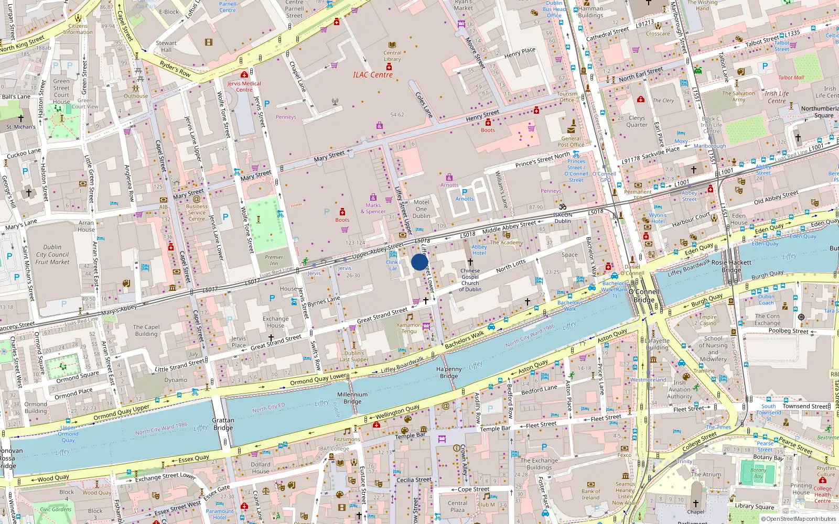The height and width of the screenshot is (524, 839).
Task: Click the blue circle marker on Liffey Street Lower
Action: coord(419,262)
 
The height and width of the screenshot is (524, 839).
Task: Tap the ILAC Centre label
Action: coord(372,75)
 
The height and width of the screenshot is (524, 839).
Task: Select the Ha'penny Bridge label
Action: coord(449,373)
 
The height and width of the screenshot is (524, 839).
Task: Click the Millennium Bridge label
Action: coord(352,398)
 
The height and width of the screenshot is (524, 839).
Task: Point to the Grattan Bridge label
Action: coord(223,424)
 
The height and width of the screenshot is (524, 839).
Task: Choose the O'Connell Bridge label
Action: coord(644,296)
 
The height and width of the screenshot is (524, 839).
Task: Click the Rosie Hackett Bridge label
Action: coord(731,266)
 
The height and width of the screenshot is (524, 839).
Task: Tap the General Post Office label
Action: coord(571,141)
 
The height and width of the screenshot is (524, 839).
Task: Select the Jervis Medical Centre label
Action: coord(244,86)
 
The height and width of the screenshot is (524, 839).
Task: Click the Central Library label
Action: coord(392,56)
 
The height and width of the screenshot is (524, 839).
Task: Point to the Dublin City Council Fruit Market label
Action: coord(52,255)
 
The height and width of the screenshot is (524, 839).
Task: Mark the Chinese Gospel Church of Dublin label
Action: coord(470,280)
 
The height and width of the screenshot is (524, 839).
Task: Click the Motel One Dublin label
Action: coord(421,209)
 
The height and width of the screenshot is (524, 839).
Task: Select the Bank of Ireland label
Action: coord(590,495)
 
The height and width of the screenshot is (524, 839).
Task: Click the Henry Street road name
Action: coord(482,115)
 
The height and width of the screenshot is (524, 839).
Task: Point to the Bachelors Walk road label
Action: coord(464,340)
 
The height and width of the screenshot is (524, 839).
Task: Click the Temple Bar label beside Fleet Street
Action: coord(495,429)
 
